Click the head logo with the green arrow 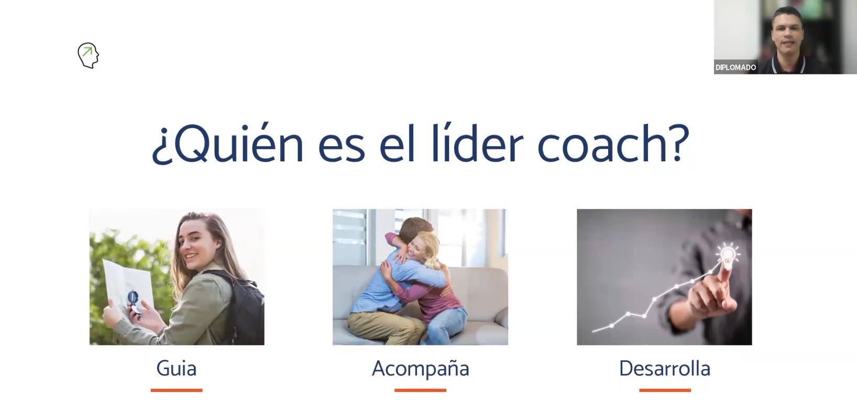[x=88, y=55]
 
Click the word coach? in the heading [x=613, y=142]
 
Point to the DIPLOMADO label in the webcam [x=735, y=68]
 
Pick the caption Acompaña [x=421, y=369]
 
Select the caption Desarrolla [x=665, y=369]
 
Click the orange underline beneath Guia [x=177, y=390]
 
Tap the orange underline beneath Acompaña [x=420, y=390]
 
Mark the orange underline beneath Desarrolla [x=665, y=390]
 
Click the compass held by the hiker [x=133, y=302]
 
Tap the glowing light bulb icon [x=728, y=255]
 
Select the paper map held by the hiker [x=128, y=287]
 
